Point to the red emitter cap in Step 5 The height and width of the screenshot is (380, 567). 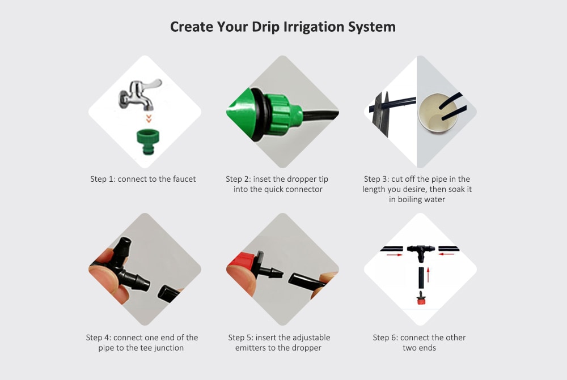pos(240,266)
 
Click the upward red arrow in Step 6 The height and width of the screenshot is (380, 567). pos(429,275)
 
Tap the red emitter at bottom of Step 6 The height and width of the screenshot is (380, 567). pos(420,298)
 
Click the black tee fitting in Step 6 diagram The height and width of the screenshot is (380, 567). pos(420,250)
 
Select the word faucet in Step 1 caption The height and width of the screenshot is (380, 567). pos(183,179)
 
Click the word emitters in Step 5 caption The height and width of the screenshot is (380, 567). pos(251,348)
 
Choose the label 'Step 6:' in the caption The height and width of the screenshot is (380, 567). pos(386,338)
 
